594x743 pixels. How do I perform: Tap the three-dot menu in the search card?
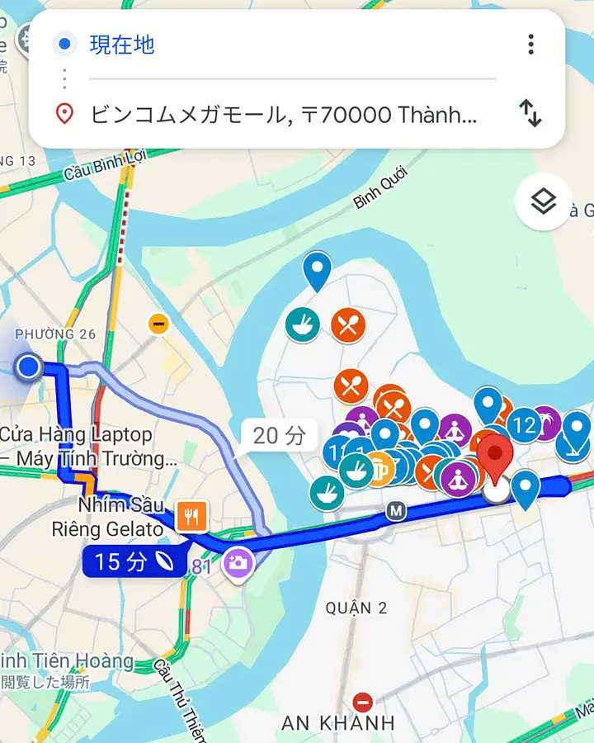point(531,44)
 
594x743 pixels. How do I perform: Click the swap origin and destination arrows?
point(530,113)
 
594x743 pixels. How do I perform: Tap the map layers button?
point(543,201)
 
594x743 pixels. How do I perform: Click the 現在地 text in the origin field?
point(122,45)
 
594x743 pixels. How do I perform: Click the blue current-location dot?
point(29,366)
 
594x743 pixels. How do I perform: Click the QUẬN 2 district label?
point(356,608)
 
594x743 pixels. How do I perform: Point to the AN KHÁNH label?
point(338,723)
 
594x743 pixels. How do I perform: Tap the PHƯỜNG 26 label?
point(55,334)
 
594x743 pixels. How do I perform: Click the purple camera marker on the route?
point(238,563)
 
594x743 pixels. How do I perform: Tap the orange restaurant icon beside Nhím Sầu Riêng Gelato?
point(191,517)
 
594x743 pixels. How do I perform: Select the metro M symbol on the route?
point(396,512)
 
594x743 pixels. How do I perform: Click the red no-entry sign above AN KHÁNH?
point(362,703)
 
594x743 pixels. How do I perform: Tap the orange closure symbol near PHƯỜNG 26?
point(158,324)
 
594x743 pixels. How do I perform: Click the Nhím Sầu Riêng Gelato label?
point(120,517)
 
